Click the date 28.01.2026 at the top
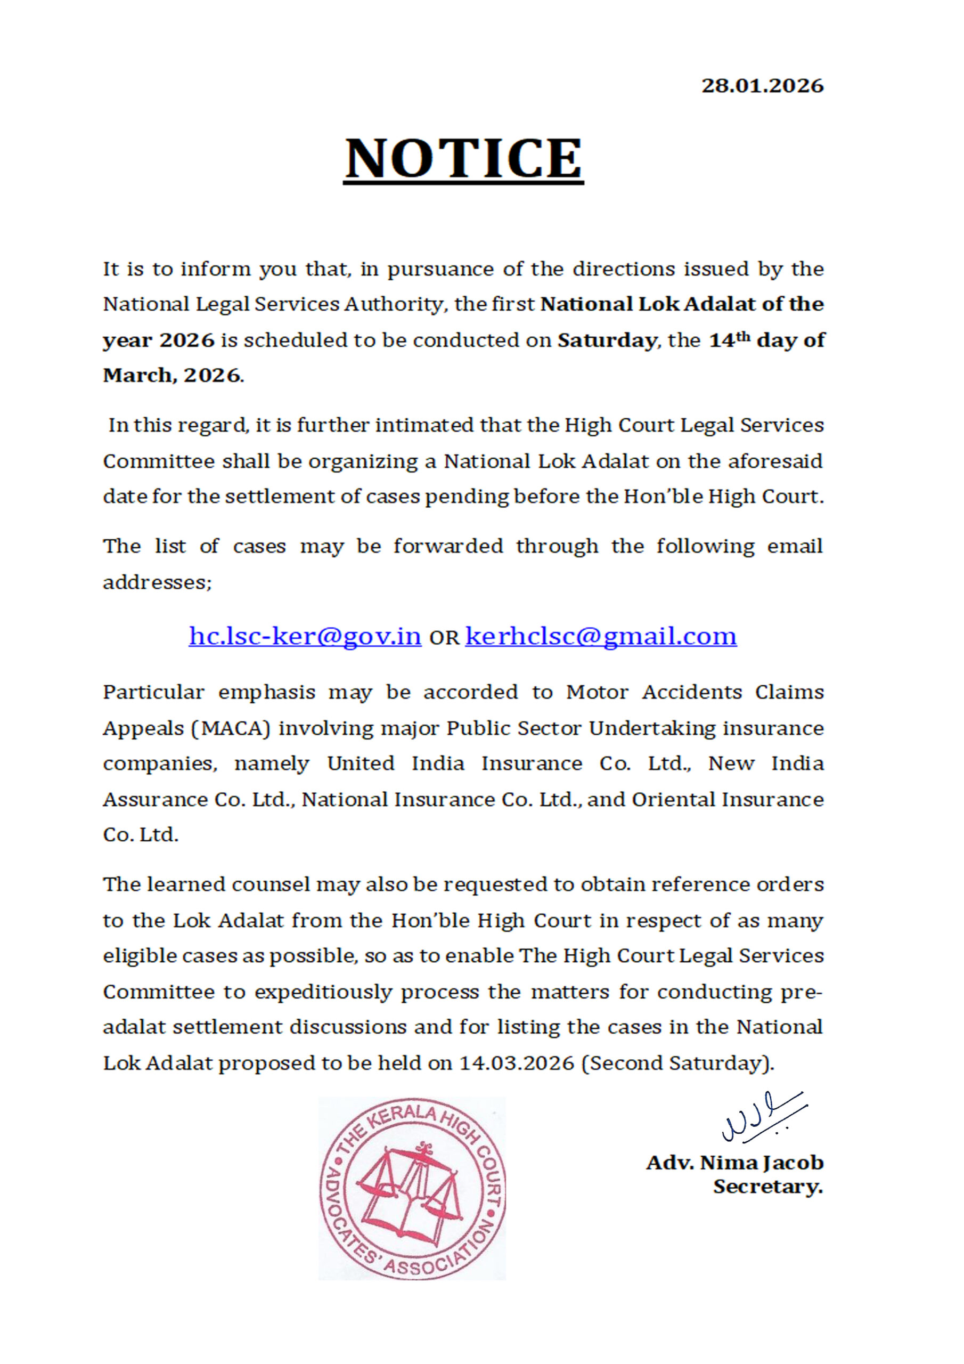[762, 86]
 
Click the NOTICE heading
[463, 159]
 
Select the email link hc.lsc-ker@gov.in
[305, 636]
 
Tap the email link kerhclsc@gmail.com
[600, 636]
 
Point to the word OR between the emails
[444, 638]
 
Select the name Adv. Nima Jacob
[735, 1162]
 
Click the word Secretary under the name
[767, 1187]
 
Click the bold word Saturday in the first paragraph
[607, 340]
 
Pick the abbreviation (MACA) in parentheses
[231, 728]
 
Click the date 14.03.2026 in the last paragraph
[517, 1063]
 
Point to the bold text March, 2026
[172, 376]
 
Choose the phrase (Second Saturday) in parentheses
[676, 1063]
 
